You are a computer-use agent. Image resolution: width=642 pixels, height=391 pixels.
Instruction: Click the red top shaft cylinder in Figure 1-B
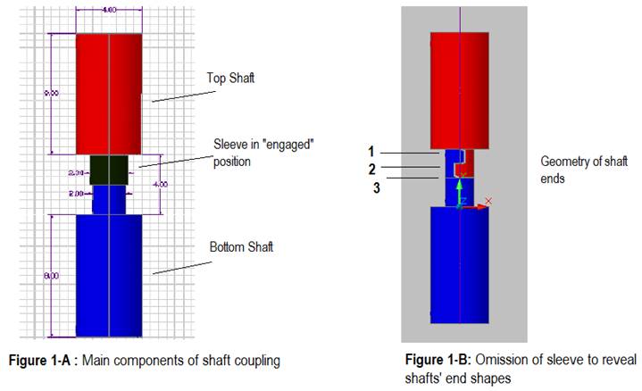pos(458,94)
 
